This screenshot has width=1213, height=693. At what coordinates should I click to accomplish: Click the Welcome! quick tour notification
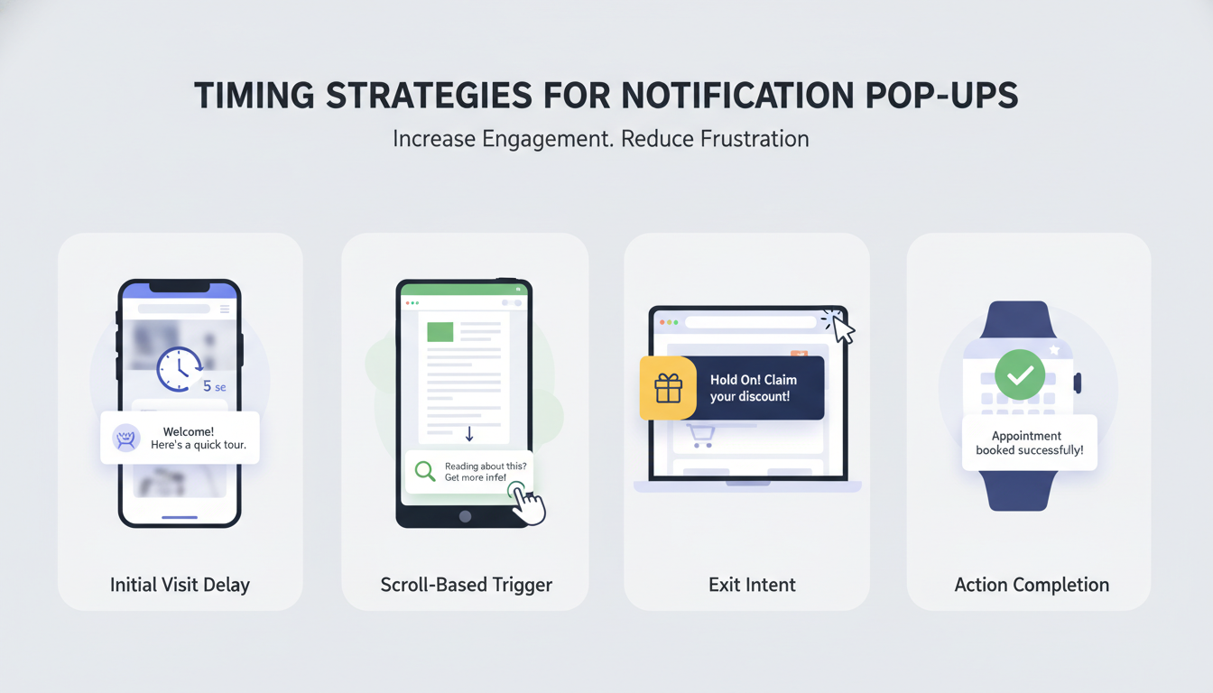180,439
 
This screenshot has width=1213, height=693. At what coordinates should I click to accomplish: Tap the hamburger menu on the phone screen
225,309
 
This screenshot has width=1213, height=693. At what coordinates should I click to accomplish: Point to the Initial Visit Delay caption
180,585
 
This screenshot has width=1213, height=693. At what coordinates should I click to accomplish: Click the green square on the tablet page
440,331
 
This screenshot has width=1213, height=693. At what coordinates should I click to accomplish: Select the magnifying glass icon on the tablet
424,471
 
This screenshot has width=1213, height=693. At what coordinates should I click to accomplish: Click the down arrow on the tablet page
469,435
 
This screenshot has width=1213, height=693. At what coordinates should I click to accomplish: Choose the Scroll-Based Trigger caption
466,585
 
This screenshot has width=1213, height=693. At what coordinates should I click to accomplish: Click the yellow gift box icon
668,388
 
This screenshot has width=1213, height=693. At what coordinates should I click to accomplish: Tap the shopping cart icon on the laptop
701,437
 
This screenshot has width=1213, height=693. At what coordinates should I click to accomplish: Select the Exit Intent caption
752,585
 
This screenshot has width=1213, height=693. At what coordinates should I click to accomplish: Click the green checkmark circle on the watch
1020,375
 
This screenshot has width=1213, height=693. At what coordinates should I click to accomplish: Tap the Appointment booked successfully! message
1029,442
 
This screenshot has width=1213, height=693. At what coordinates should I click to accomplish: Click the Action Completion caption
1032,585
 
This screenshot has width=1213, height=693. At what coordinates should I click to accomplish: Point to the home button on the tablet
465,516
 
